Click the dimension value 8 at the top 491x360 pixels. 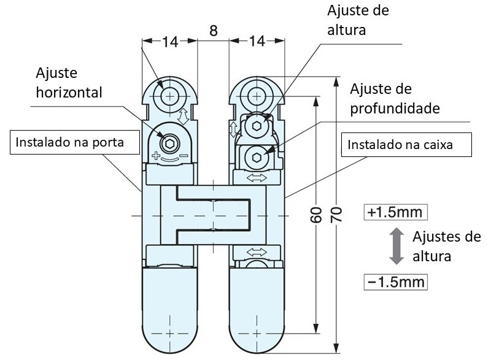point(212,31)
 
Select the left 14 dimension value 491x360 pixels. point(170,42)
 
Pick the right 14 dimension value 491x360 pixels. point(257,42)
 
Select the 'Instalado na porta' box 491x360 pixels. point(69,142)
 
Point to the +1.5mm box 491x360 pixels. point(395,212)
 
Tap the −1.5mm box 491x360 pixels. point(395,282)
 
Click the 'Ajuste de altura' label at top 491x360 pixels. point(359,20)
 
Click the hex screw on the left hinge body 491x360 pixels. point(168,144)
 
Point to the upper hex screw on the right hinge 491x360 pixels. point(257,127)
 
